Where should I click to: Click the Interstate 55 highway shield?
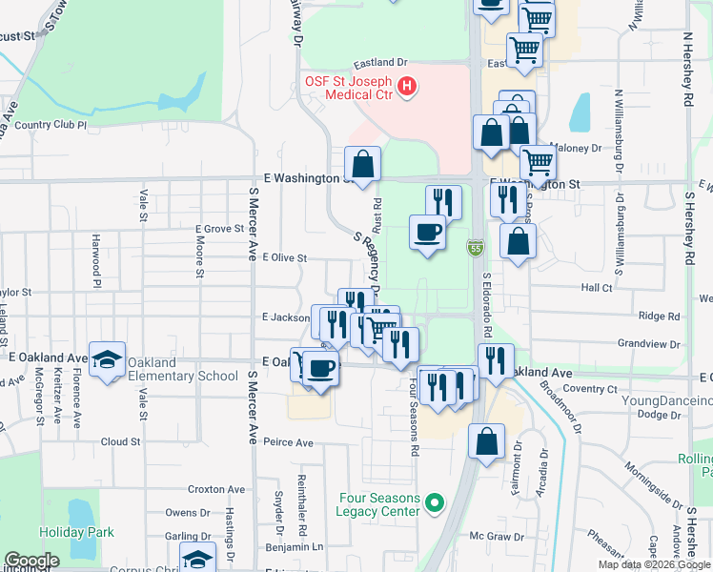coord(474,248)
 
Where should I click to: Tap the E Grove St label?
coord(220,229)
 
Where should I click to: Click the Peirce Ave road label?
coord(289,442)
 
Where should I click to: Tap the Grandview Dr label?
coord(649,342)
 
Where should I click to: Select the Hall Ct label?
coord(596,287)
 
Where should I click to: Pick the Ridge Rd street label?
coord(660,316)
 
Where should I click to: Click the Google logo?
coord(31,561)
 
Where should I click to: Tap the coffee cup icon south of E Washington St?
coord(427,232)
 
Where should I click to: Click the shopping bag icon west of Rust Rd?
coord(362,163)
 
